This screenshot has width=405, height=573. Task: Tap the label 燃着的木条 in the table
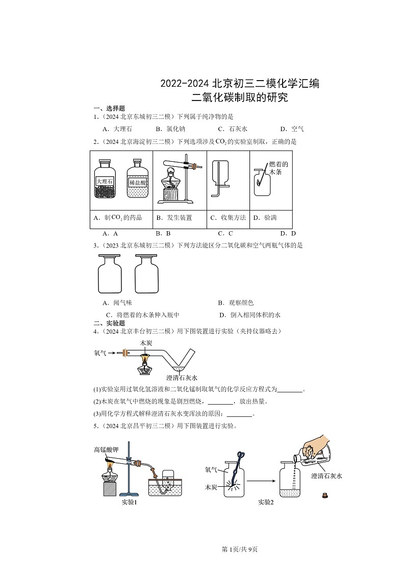point(279,168)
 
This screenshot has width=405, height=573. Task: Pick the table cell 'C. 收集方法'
point(227,218)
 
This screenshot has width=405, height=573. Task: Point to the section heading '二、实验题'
point(109,323)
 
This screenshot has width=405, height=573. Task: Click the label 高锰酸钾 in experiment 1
point(106,450)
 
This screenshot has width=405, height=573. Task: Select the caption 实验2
point(266,502)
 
